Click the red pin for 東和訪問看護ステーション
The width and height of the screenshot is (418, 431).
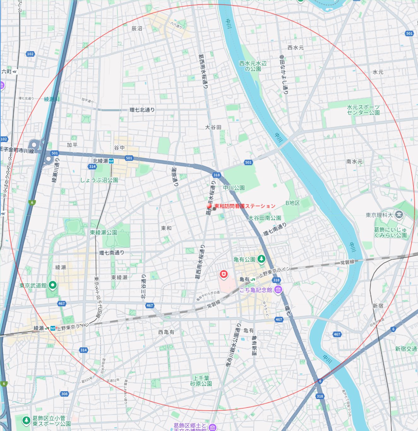[209, 206]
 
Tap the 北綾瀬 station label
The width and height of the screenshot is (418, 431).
[100, 161]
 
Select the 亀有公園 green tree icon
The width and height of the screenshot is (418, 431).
[261, 259]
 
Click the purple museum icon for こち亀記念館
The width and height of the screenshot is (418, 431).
[278, 290]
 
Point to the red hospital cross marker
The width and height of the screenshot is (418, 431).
[224, 274]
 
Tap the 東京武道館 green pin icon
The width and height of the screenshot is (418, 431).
[53, 286]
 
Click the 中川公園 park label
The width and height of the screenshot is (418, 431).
[234, 187]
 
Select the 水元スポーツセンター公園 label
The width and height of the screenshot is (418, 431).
[363, 110]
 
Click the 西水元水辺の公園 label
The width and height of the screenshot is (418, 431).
[253, 66]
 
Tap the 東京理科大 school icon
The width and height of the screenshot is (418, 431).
[399, 215]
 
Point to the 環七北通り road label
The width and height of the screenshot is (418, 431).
[142, 110]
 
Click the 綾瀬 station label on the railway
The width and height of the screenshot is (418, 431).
[39, 328]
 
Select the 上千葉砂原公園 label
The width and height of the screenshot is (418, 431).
[201, 381]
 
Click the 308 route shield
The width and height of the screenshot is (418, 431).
[64, 394]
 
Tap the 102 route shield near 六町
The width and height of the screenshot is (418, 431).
[30, 54]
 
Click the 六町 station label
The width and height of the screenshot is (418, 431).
[6, 72]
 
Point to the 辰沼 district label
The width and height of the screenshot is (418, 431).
[137, 28]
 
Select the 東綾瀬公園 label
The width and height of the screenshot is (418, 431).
[103, 233]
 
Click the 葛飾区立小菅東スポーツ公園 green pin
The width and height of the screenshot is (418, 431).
[26, 420]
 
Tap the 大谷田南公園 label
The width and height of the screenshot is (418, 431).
[264, 218]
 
